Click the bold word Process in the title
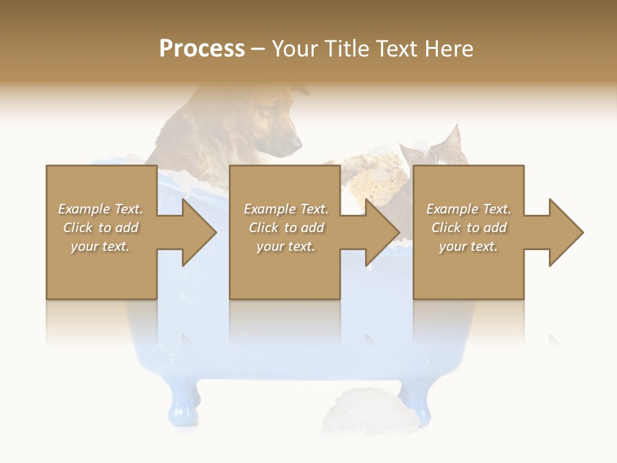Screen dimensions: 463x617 (x=202, y=49)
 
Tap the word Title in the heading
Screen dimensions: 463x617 (x=346, y=49)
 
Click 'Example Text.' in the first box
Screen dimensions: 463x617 (x=100, y=209)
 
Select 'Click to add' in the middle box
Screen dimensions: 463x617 (x=286, y=228)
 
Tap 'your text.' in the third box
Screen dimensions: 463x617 (x=469, y=246)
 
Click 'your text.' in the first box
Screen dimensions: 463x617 (x=100, y=246)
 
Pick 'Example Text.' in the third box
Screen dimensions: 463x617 (x=469, y=209)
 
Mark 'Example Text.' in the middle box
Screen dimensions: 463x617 (x=286, y=209)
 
